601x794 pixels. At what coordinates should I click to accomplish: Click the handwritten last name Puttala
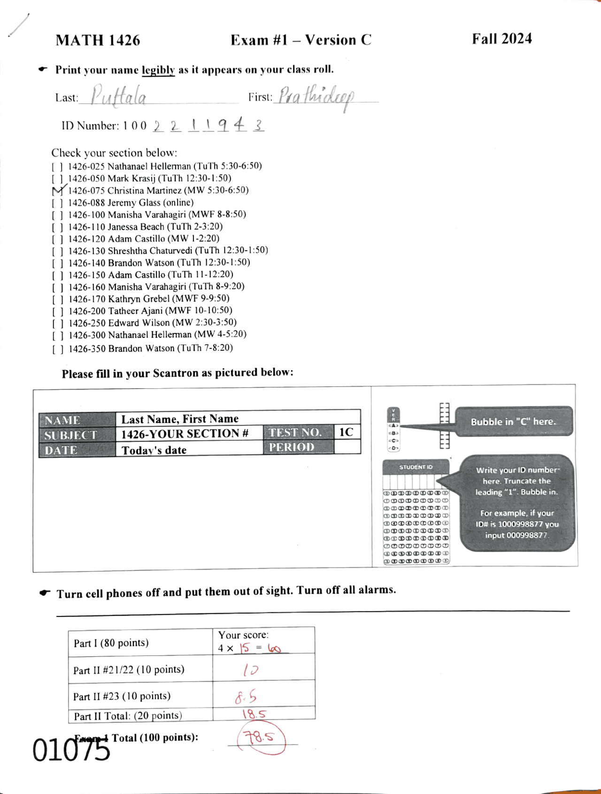pyautogui.click(x=118, y=96)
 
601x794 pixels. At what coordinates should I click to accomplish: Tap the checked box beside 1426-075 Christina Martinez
pyautogui.click(x=58, y=191)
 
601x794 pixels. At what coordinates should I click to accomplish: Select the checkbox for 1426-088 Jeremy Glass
pyautogui.click(x=57, y=203)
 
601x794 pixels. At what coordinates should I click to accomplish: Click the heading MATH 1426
pyautogui.click(x=98, y=40)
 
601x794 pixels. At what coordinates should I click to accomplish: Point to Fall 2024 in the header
pyautogui.click(x=501, y=39)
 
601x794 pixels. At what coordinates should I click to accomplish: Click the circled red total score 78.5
pyautogui.click(x=262, y=738)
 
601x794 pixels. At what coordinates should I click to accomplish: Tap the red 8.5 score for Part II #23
pyautogui.click(x=246, y=698)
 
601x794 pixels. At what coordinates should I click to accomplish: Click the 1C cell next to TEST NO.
pyautogui.click(x=346, y=432)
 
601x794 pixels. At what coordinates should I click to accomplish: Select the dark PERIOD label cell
pyautogui.click(x=298, y=447)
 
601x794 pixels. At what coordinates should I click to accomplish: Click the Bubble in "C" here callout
pyautogui.click(x=514, y=421)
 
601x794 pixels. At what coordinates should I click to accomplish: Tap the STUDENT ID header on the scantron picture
pyautogui.click(x=416, y=467)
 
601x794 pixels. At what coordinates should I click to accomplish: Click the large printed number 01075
pyautogui.click(x=71, y=750)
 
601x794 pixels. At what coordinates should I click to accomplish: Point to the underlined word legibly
pyautogui.click(x=158, y=70)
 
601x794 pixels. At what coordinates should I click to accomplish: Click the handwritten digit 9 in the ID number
pyautogui.click(x=223, y=125)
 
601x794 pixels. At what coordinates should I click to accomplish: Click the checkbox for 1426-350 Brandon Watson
pyautogui.click(x=58, y=349)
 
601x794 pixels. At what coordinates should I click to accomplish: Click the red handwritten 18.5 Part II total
pyautogui.click(x=254, y=714)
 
